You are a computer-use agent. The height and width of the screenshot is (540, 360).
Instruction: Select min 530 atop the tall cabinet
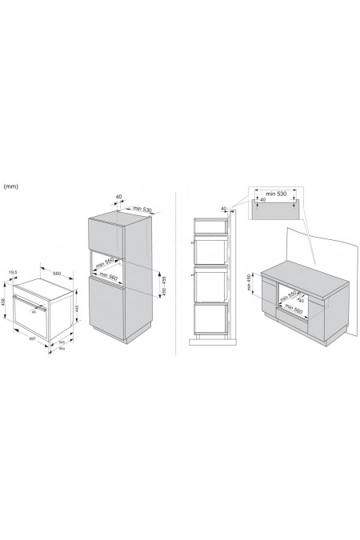click(142, 209)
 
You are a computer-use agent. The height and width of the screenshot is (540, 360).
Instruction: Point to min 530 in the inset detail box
click(274, 193)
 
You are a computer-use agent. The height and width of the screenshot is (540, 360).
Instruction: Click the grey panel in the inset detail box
click(275, 210)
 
